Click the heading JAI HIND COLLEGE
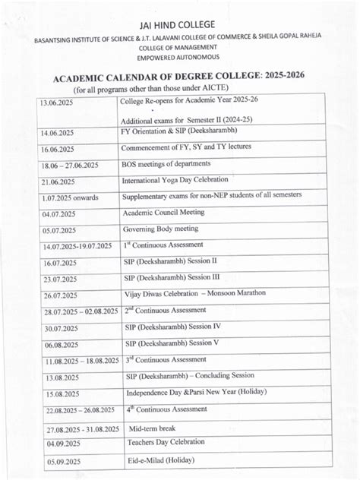point(180,25)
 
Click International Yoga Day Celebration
point(175,181)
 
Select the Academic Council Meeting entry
point(163,213)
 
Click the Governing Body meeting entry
point(159,229)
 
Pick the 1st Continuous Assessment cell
point(163,245)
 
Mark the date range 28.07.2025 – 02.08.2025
point(81,311)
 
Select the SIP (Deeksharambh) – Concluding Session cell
point(190,375)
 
